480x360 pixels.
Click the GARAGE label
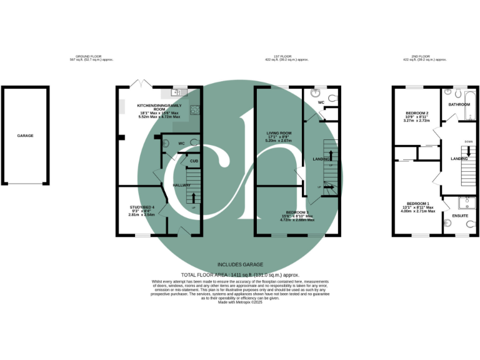pos(25,136)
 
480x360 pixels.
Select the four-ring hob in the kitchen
pos(194,111)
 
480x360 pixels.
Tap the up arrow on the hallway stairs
pos(193,199)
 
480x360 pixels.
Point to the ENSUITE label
pos(460,216)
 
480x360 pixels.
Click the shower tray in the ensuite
pos(466,202)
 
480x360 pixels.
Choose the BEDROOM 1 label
pos(417,204)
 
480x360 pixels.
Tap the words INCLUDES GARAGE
pos(239,264)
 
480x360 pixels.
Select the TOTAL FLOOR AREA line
pos(240,275)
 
